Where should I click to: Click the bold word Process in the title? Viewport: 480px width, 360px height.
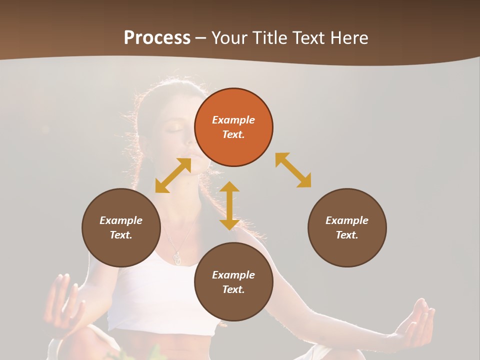[x=157, y=38]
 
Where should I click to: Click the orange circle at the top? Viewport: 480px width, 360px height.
[x=233, y=127]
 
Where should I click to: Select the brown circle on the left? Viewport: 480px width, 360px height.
[x=121, y=227]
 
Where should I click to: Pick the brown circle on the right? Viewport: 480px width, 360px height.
[x=347, y=227]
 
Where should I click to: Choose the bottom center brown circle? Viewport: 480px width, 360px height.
[x=233, y=282]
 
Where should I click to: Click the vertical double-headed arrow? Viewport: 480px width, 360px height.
[x=229, y=205]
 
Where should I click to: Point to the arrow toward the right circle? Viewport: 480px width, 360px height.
[x=293, y=170]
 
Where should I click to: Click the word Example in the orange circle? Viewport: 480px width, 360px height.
[x=233, y=120]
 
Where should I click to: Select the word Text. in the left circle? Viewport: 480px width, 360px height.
[x=121, y=235]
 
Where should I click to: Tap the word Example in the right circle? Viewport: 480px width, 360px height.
[x=347, y=220]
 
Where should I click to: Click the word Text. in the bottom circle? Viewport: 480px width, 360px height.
[x=233, y=289]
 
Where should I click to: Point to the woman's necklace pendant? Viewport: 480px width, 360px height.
[x=177, y=257]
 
